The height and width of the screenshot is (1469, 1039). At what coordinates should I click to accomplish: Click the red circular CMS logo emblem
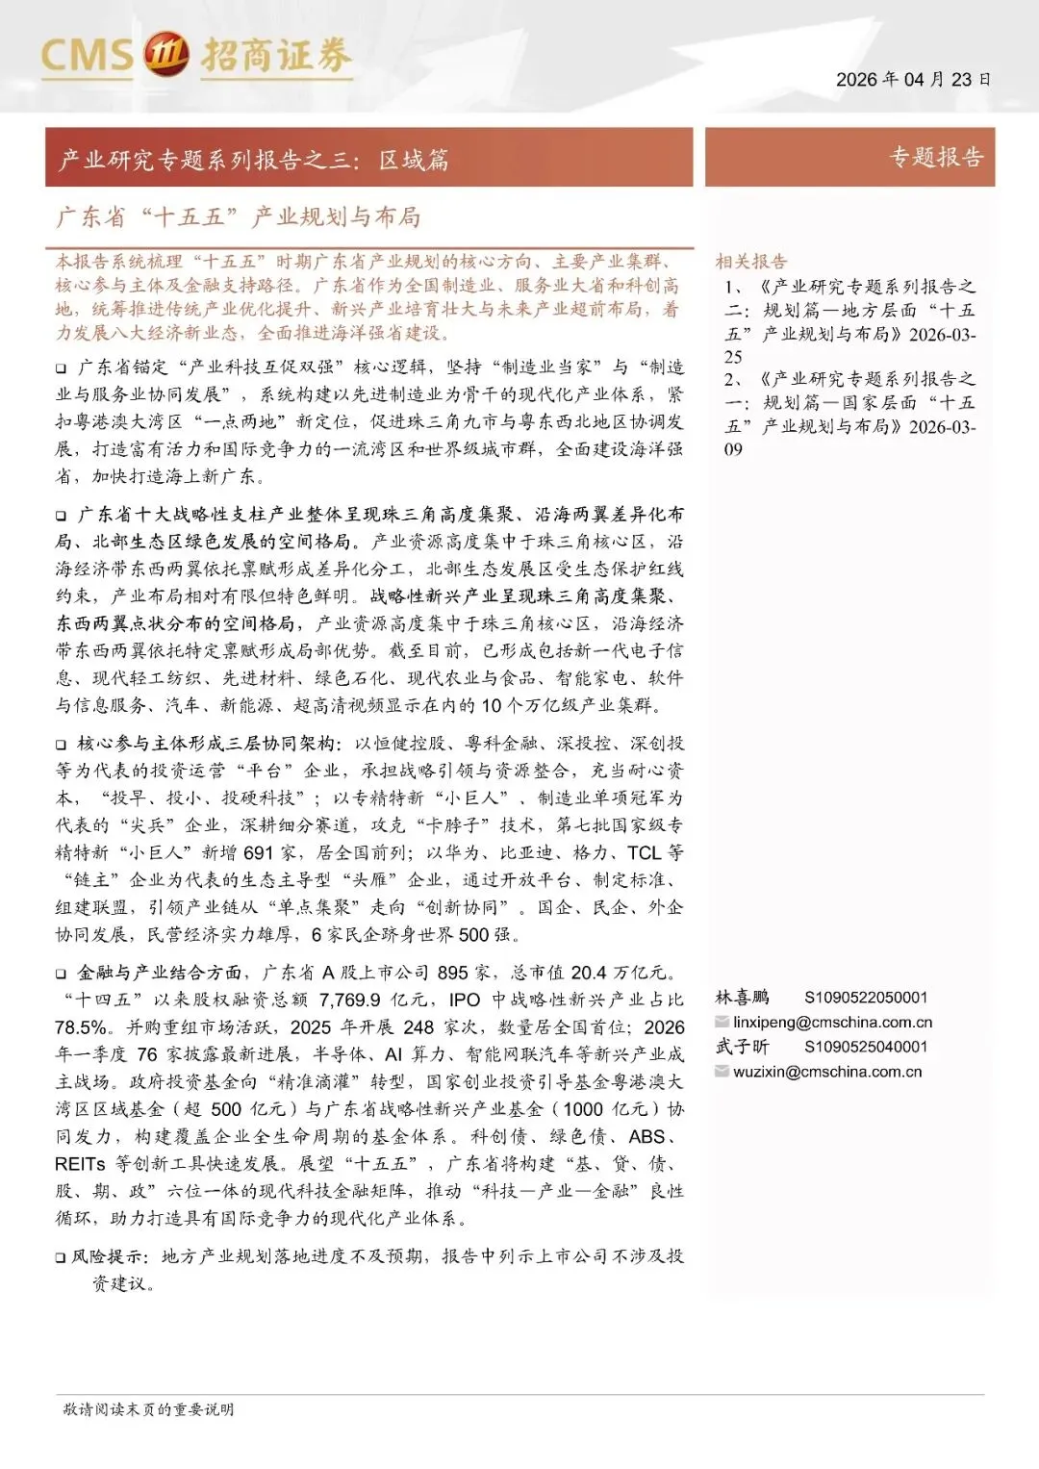click(x=166, y=55)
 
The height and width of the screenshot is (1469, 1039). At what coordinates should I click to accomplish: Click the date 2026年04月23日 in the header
click(x=912, y=79)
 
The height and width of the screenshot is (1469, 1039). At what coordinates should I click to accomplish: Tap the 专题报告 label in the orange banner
click(x=935, y=158)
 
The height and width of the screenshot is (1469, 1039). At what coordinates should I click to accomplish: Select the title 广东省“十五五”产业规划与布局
click(x=239, y=216)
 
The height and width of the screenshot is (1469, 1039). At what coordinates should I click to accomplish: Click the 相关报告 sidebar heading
click(x=750, y=262)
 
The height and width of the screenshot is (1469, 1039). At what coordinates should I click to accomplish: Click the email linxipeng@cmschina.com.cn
click(x=832, y=1022)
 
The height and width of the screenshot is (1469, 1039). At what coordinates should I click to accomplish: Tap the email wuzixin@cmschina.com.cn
click(x=826, y=1072)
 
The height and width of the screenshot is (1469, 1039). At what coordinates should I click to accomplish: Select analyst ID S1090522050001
click(x=866, y=998)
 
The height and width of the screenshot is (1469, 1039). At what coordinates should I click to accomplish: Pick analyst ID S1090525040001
click(x=866, y=1047)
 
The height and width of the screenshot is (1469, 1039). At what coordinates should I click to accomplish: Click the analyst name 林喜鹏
click(x=742, y=998)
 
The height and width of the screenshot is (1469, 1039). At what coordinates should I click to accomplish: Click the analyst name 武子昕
click(x=742, y=1047)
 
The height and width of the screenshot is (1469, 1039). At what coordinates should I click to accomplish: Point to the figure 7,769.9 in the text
click(x=349, y=1000)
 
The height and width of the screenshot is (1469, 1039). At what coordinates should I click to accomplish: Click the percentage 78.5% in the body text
click(x=81, y=1027)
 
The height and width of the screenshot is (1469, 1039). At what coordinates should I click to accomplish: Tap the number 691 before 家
click(x=259, y=852)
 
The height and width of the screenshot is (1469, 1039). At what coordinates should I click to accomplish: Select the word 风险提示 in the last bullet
click(x=110, y=1256)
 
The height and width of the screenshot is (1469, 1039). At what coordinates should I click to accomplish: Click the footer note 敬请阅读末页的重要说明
click(x=148, y=1409)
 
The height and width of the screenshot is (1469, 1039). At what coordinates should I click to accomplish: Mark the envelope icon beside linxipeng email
click(x=722, y=1022)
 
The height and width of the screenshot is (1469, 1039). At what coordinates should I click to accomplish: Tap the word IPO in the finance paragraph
click(x=464, y=1000)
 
